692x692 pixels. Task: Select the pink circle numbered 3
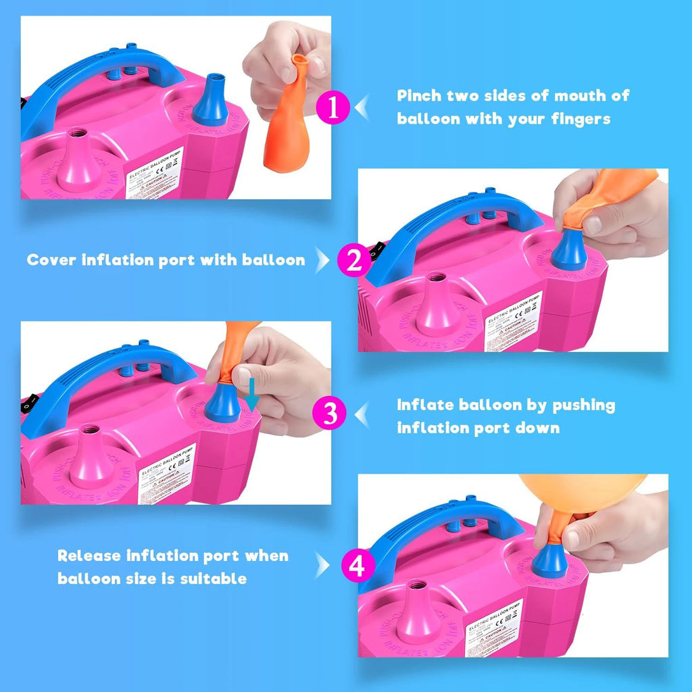pyautogui.click(x=330, y=414)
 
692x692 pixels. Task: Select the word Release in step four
pyautogui.click(x=88, y=556)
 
